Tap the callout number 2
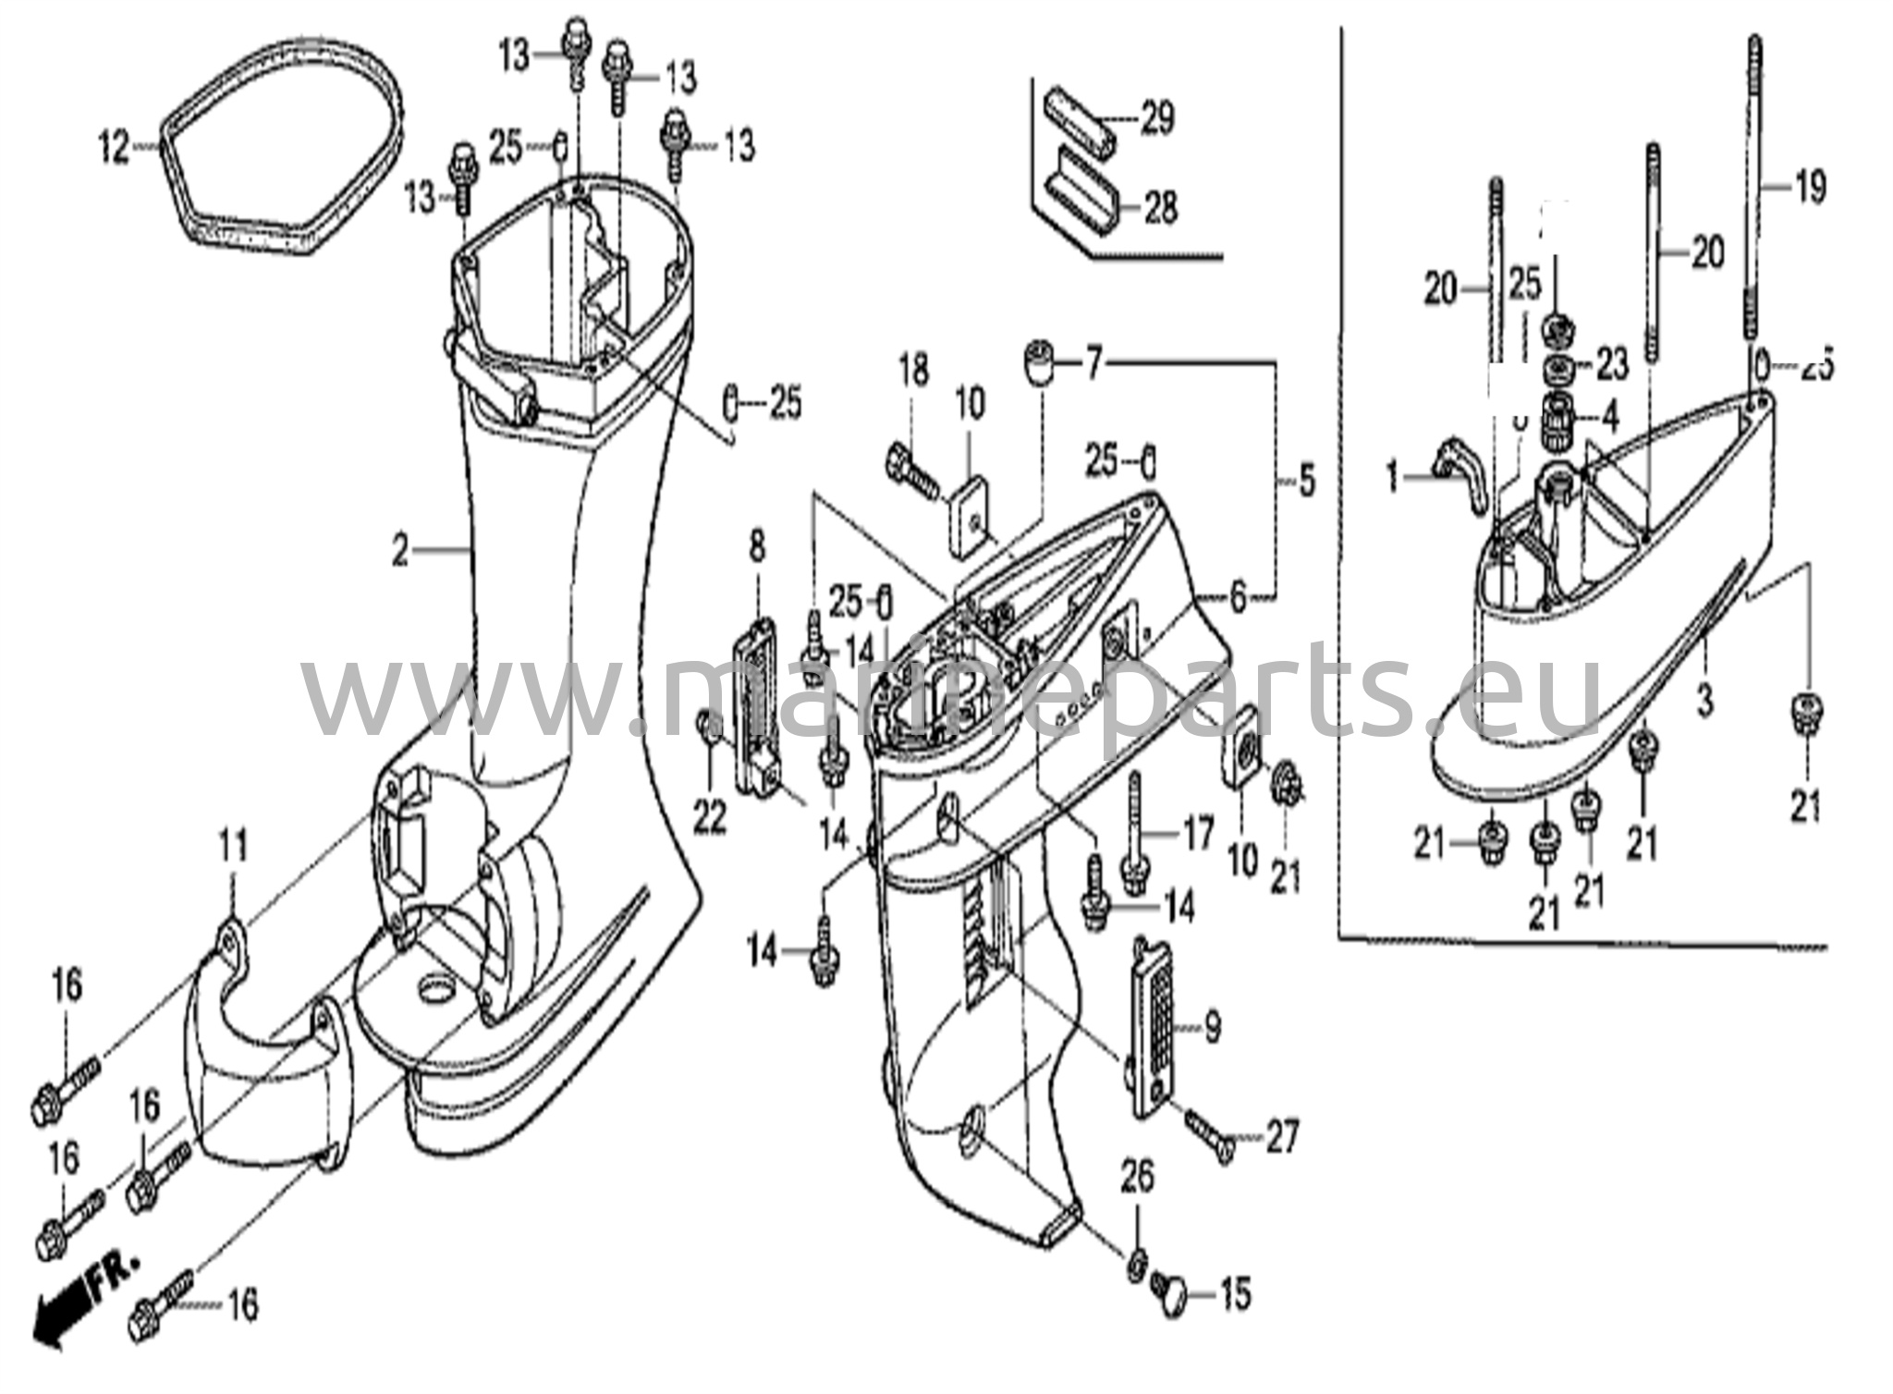399,552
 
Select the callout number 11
233,845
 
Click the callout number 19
1810,188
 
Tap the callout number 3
1704,700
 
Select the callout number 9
1212,1025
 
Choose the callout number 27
1282,1136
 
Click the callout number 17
1198,836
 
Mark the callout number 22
710,815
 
